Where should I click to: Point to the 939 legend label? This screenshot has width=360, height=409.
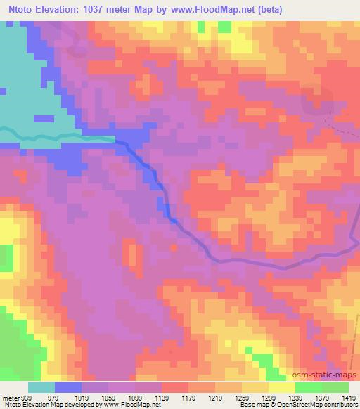[25, 398]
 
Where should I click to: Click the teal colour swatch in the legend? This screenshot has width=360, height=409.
[41, 387]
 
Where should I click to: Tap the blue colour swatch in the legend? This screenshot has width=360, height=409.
[68, 387]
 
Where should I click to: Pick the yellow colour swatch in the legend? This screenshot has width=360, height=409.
[282, 387]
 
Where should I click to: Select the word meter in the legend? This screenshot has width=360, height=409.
[9, 398]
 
